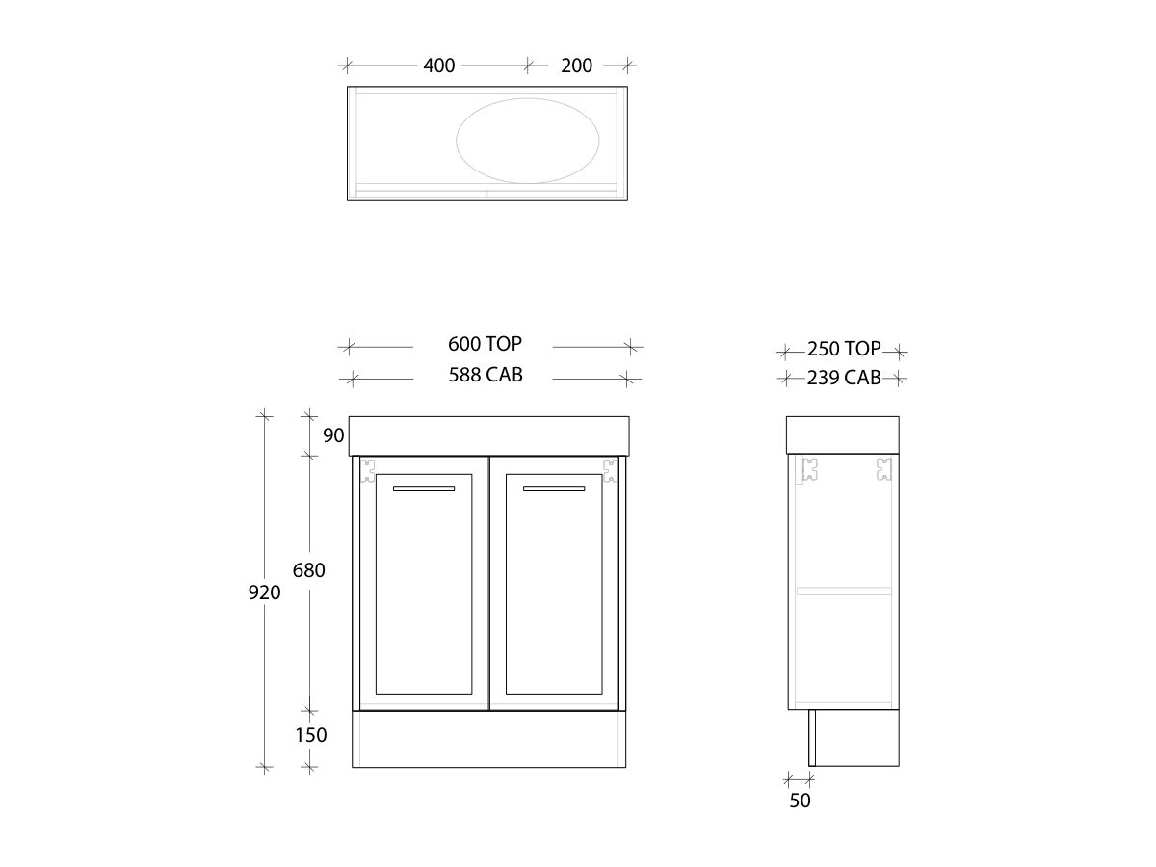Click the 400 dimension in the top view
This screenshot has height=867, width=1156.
click(439, 66)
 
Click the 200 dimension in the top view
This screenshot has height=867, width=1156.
click(576, 66)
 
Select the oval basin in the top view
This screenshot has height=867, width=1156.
click(527, 140)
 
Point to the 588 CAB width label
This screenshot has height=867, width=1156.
click(485, 376)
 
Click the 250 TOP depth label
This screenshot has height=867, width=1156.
click(844, 350)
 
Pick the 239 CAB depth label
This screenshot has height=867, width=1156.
click(844, 378)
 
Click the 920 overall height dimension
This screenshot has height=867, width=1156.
click(265, 592)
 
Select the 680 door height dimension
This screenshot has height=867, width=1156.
click(308, 570)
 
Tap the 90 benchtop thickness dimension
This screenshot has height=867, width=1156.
click(333, 435)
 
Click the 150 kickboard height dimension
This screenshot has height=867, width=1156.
click(311, 735)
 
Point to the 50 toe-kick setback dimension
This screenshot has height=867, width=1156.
click(800, 800)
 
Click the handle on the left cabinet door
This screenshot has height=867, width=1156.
click(424, 489)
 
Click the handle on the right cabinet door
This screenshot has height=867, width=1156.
click(554, 489)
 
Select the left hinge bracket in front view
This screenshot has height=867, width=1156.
click(367, 470)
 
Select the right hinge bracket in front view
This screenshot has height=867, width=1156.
click(610, 470)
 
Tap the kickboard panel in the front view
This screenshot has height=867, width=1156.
click(488, 740)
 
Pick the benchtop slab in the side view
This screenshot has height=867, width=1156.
click(843, 434)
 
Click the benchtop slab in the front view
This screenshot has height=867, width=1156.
click(488, 435)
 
